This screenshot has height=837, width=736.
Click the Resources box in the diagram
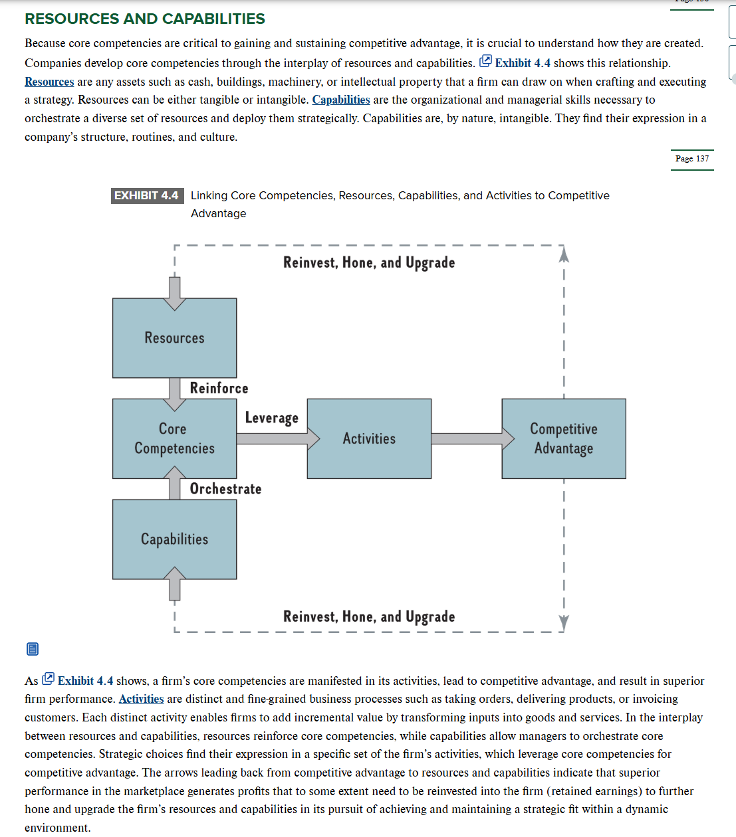click(x=174, y=338)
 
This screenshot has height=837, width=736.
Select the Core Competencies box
click(x=174, y=438)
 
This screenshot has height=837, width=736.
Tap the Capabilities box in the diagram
click(x=174, y=539)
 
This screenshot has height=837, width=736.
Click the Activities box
click(x=369, y=438)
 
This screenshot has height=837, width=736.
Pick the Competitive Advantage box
click(x=563, y=438)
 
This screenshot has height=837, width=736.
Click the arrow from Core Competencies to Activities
click(x=271, y=438)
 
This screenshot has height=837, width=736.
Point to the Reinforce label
click(x=219, y=388)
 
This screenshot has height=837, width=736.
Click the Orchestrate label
click(x=225, y=489)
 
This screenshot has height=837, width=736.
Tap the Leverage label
click(x=271, y=418)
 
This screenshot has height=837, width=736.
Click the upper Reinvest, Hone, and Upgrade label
click(x=369, y=262)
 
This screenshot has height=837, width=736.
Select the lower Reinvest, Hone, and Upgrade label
click(x=369, y=616)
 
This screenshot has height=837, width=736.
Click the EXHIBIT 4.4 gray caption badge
click(x=147, y=195)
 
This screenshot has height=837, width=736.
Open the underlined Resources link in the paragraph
click(x=49, y=82)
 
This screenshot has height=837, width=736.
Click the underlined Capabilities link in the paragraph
click(x=340, y=100)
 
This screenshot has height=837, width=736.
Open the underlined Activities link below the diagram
click(x=141, y=699)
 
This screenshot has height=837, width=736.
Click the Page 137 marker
click(x=692, y=159)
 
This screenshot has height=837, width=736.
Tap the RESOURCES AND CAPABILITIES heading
click(x=145, y=19)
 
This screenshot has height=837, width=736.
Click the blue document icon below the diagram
click(x=33, y=649)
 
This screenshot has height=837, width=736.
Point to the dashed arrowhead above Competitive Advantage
click(x=564, y=254)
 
